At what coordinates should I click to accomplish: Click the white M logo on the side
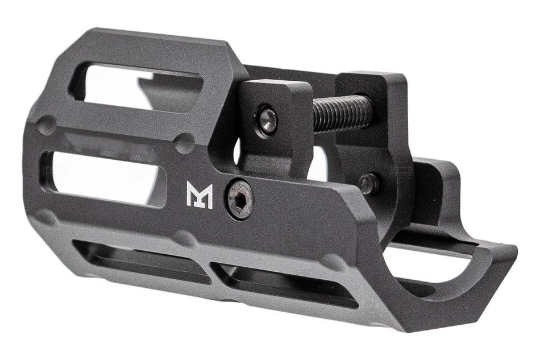pyautogui.click(x=199, y=195)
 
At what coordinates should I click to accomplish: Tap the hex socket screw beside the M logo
pyautogui.click(x=239, y=199)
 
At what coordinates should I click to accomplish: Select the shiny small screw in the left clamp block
pyautogui.click(x=267, y=120)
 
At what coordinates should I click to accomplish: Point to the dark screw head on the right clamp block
pyautogui.click(x=369, y=183)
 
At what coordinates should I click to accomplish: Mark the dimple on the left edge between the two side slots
pyautogui.click(x=47, y=125)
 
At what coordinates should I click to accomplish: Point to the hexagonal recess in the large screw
pyautogui.click(x=239, y=199)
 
